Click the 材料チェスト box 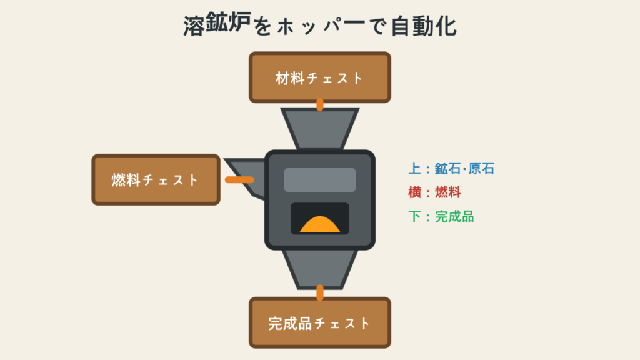tap(320, 77)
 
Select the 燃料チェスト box tap(156, 179)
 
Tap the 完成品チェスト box tap(320, 323)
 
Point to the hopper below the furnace tap(320, 269)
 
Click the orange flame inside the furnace tap(320, 224)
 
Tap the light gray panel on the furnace tap(320, 180)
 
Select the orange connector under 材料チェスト tap(320, 104)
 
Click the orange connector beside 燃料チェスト tap(239, 179)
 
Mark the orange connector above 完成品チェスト tap(320, 292)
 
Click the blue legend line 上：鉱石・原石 tap(451, 169)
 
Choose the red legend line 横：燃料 tap(435, 192)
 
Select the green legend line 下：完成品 tap(441, 217)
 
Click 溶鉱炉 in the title tap(217, 24)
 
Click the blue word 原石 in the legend tap(482, 169)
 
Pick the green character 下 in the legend tap(415, 217)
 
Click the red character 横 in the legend tap(415, 192)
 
